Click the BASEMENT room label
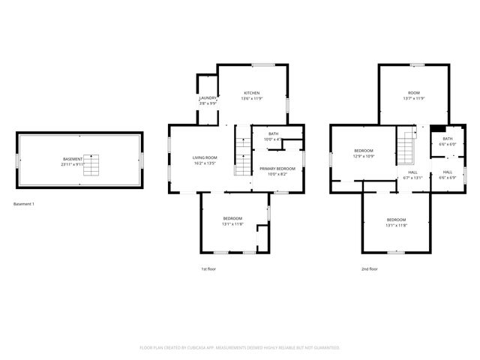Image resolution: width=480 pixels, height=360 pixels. click(73, 159)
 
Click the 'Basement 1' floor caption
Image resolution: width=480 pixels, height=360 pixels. click(24, 204)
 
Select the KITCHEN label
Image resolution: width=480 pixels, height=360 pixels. click(252, 93)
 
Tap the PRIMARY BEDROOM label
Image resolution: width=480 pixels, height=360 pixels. click(277, 169)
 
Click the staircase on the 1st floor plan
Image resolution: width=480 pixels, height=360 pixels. click(243, 156)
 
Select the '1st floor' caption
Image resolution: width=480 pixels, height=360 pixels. click(208, 268)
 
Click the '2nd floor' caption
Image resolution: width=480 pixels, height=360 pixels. click(369, 268)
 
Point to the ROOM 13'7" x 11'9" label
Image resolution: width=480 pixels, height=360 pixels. click(414, 93)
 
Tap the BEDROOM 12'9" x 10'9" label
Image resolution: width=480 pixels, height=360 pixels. click(364, 151)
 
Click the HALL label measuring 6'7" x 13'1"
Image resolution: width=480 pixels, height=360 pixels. click(412, 172)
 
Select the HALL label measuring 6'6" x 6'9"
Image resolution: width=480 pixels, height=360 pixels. click(447, 172)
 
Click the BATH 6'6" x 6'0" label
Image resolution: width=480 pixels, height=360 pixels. click(447, 138)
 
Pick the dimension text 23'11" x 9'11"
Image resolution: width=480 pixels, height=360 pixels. click(73, 163)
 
